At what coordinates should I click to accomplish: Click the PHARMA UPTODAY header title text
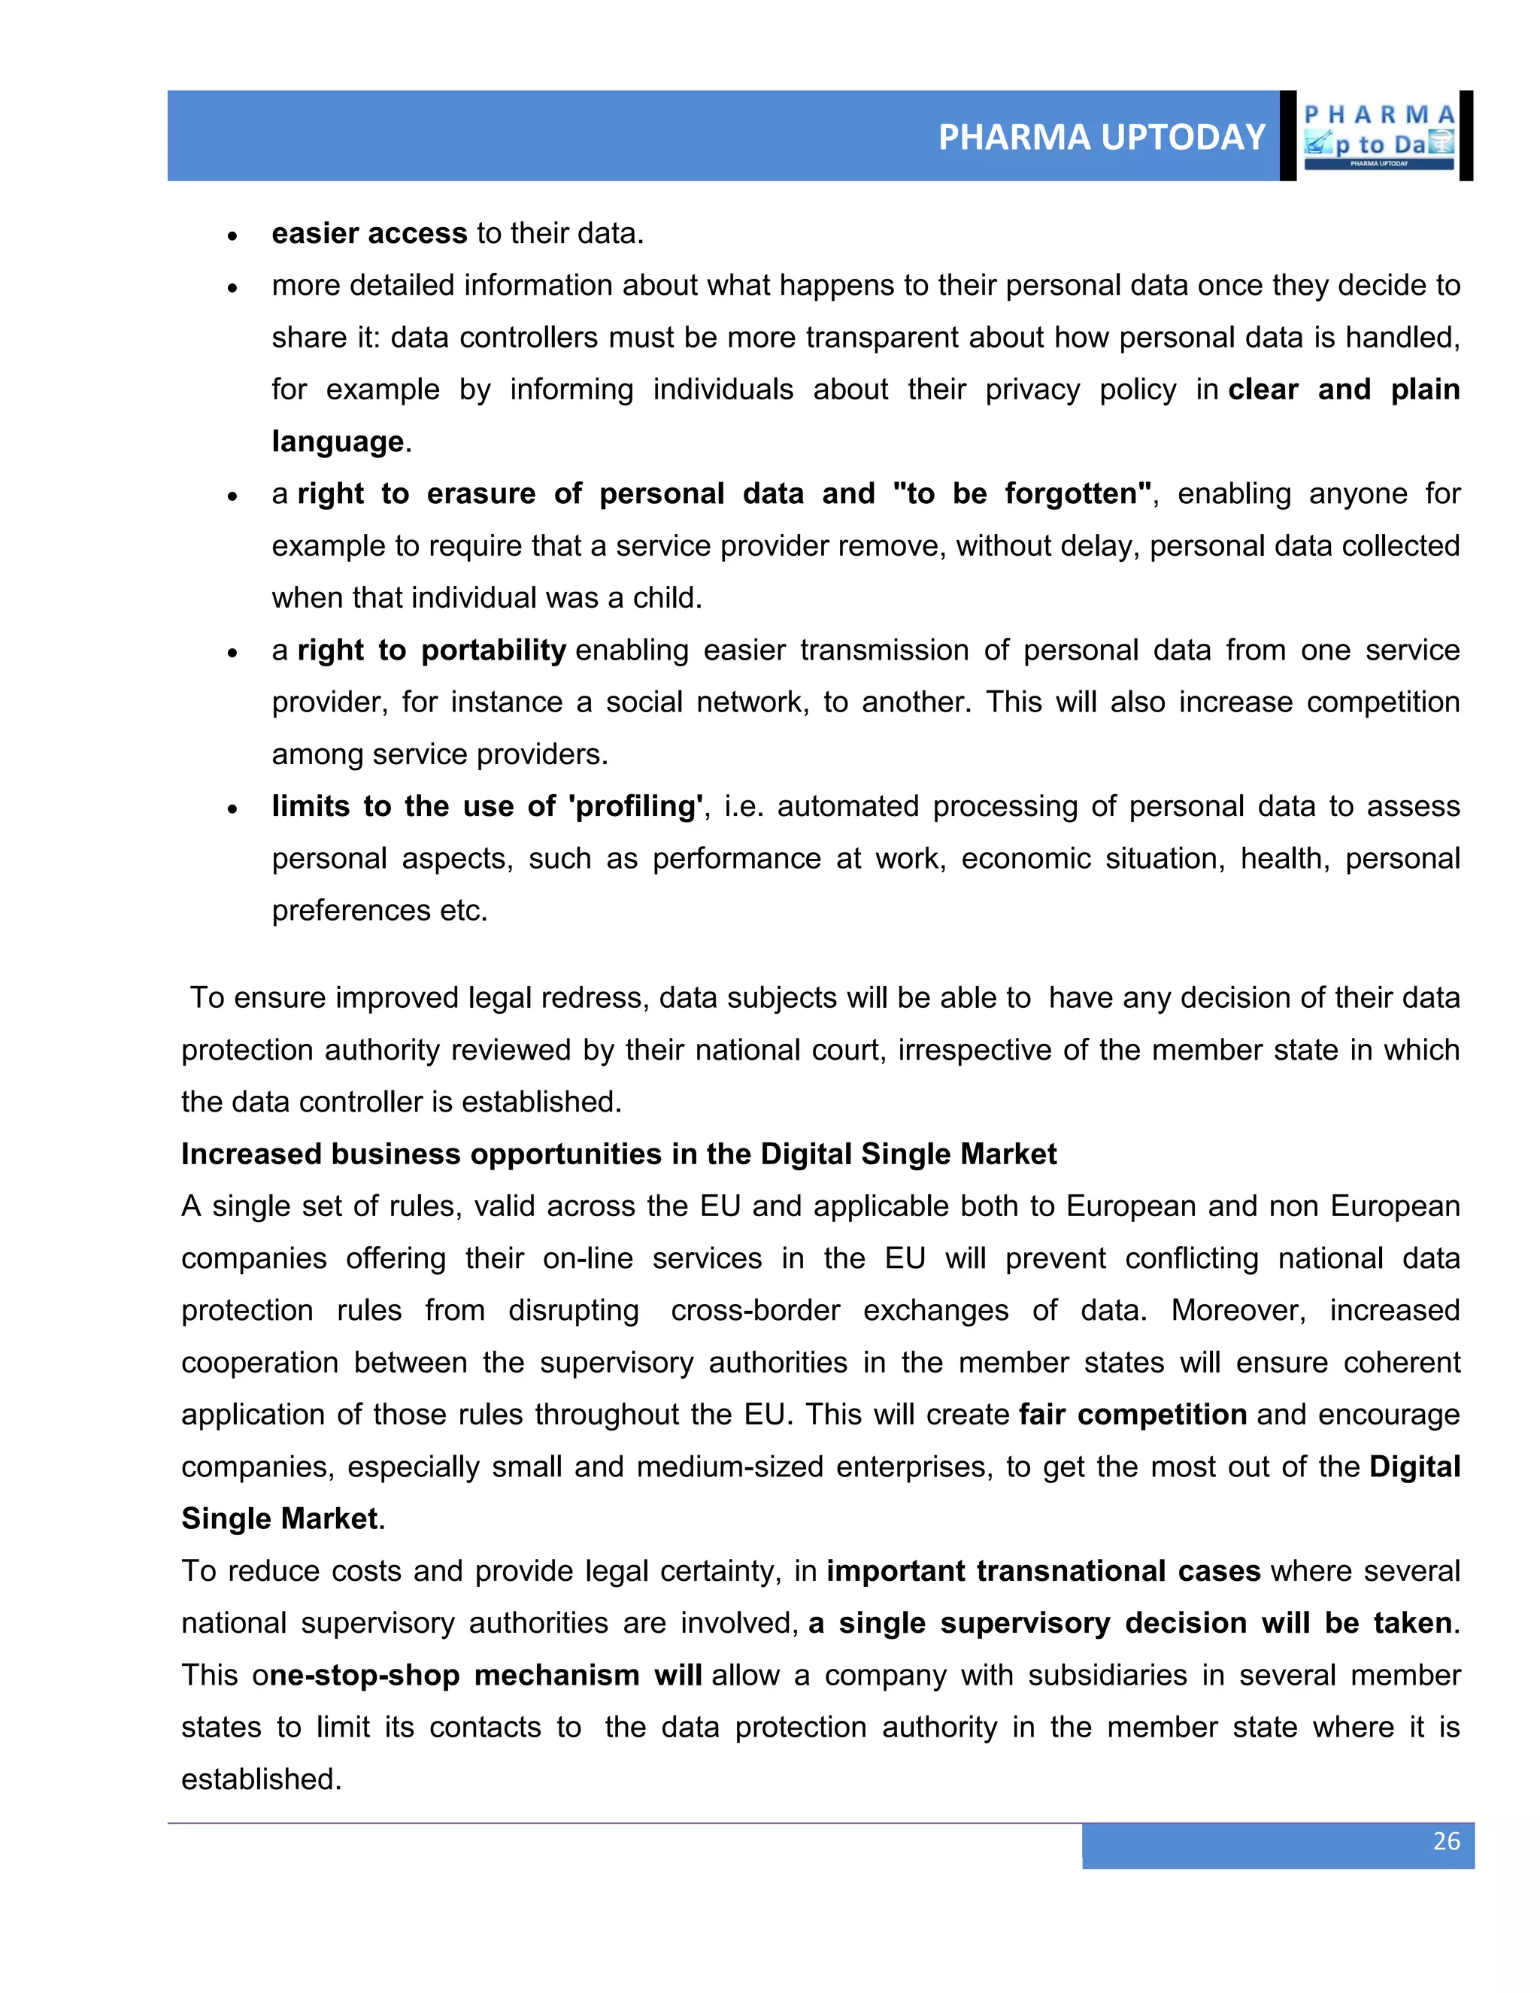tap(1101, 137)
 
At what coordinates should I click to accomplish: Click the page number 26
tap(1446, 1840)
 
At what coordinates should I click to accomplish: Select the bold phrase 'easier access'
tap(368, 234)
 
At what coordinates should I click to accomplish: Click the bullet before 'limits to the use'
tap(232, 808)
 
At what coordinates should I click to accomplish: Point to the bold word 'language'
tap(338, 441)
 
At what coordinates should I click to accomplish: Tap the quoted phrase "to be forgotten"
tap(1022, 493)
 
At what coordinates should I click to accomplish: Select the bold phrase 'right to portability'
tap(432, 650)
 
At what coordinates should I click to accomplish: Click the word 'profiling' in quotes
tap(636, 807)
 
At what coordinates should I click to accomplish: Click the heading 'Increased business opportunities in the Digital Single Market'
tap(619, 1154)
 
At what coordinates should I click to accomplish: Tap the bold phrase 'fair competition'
tap(1132, 1415)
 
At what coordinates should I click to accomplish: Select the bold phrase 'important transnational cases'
tap(1043, 1571)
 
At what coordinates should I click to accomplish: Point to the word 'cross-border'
tap(754, 1310)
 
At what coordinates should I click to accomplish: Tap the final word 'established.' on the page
tap(261, 1779)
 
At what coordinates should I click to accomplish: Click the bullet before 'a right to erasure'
tap(232, 496)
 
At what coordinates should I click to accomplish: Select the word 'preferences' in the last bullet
tap(351, 911)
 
